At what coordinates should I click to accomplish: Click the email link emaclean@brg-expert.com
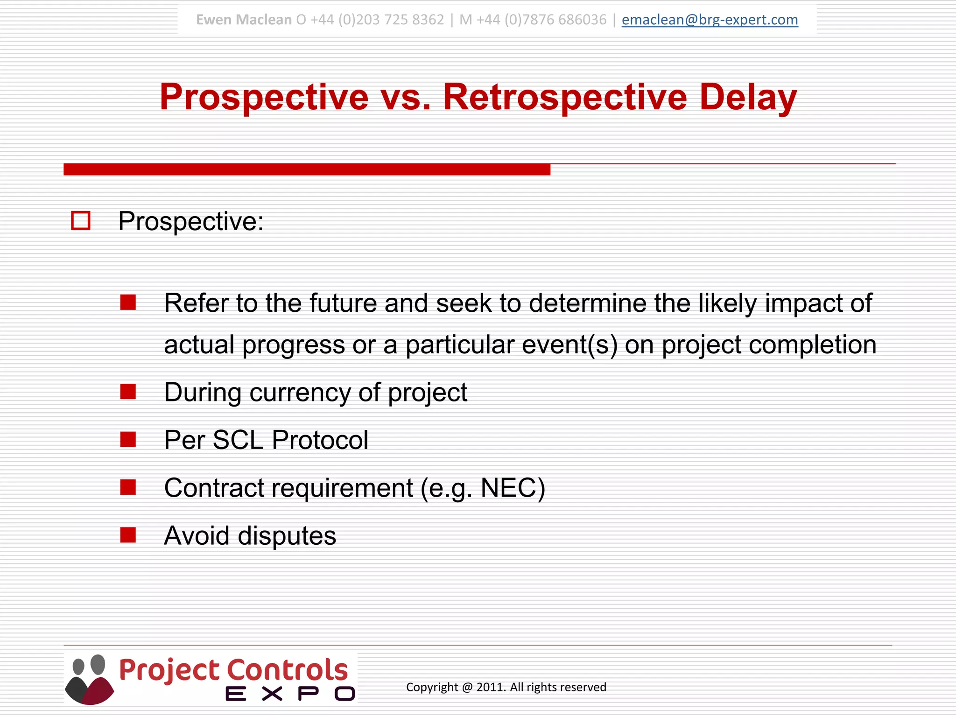(710, 20)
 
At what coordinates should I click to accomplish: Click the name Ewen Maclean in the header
(244, 20)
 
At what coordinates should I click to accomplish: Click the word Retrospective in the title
(565, 97)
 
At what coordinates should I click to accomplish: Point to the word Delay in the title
(748, 97)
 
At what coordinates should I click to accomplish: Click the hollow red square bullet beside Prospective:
(80, 221)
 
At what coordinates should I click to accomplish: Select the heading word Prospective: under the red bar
(190, 221)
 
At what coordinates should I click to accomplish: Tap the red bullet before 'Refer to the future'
(128, 302)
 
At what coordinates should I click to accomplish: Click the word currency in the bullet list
(300, 392)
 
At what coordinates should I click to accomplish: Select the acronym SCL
(238, 440)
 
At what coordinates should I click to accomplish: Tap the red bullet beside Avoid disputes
(128, 535)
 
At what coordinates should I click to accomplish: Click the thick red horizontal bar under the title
(307, 169)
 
